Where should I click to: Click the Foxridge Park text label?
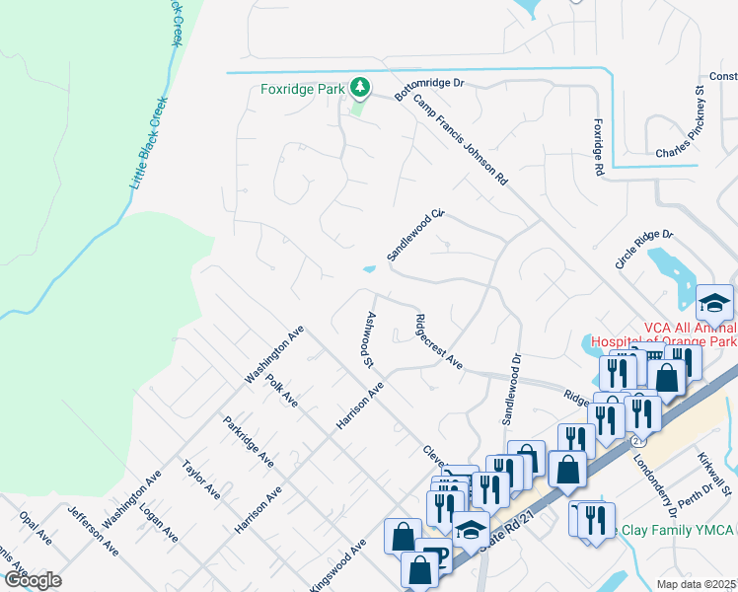(x=302, y=89)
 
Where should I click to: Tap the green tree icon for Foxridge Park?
(x=361, y=89)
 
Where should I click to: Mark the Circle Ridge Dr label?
(x=643, y=250)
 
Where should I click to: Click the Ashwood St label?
(x=369, y=339)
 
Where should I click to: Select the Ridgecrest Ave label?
(x=439, y=341)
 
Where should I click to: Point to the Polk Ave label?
(x=281, y=390)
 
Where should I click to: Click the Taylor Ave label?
(x=200, y=479)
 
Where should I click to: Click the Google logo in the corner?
(x=33, y=579)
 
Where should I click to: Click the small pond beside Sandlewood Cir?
(x=369, y=268)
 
